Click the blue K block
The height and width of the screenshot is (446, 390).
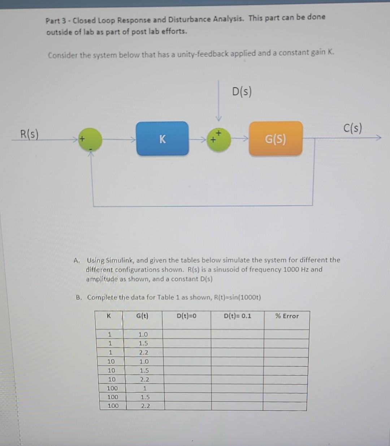pyautogui.click(x=162, y=139)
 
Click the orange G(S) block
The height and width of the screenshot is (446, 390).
pyautogui.click(x=276, y=139)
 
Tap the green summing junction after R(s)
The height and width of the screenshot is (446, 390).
pyautogui.click(x=90, y=139)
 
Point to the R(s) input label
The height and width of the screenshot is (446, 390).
pyautogui.click(x=29, y=134)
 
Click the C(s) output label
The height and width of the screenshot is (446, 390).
pyautogui.click(x=352, y=128)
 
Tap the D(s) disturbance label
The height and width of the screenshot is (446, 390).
pyautogui.click(x=242, y=91)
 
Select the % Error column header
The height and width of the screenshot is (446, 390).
pyautogui.click(x=287, y=316)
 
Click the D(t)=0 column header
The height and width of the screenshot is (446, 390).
pyautogui.click(x=187, y=316)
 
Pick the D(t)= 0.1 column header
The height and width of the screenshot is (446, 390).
pyautogui.click(x=237, y=316)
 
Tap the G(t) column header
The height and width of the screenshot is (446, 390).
pyautogui.click(x=142, y=316)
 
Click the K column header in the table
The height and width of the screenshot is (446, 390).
pyautogui.click(x=109, y=316)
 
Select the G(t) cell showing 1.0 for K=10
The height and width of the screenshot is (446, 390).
pyautogui.click(x=144, y=361)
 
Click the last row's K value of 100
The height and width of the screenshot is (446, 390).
pyautogui.click(x=113, y=406)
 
